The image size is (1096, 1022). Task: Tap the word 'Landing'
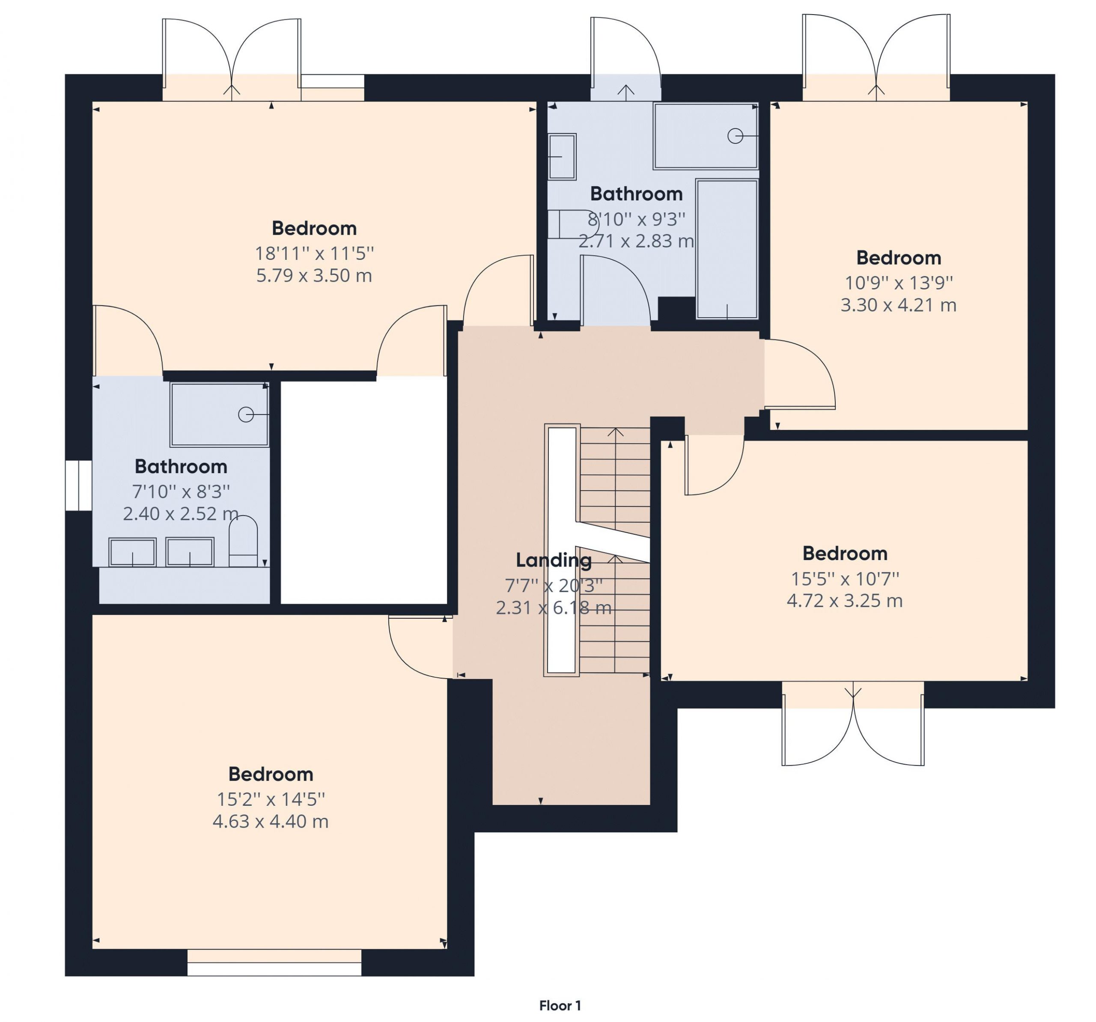pos(554,560)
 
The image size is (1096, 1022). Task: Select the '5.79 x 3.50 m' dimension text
pos(314,275)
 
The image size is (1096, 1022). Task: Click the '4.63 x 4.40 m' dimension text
pos(270,821)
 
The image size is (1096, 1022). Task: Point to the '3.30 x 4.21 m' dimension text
pos(898,305)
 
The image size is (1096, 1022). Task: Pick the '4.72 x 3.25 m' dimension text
pos(845,600)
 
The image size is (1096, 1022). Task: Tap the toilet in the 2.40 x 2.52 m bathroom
pos(243,541)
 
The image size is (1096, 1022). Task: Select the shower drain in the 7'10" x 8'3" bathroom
pos(246,414)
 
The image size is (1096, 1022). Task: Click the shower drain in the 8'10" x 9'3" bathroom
pos(735,136)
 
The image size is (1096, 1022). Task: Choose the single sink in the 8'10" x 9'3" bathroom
pos(562,157)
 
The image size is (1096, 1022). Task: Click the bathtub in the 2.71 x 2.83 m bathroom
pos(727,249)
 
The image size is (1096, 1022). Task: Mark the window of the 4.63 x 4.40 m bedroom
pos(274,962)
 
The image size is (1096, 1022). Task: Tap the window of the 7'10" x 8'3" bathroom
pos(79,485)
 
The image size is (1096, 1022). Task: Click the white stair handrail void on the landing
pos(562,550)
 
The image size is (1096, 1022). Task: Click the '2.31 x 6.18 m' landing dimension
pos(554,608)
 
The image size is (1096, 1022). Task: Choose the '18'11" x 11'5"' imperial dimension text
pos(314,253)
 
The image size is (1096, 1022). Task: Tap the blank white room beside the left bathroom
pos(364,491)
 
